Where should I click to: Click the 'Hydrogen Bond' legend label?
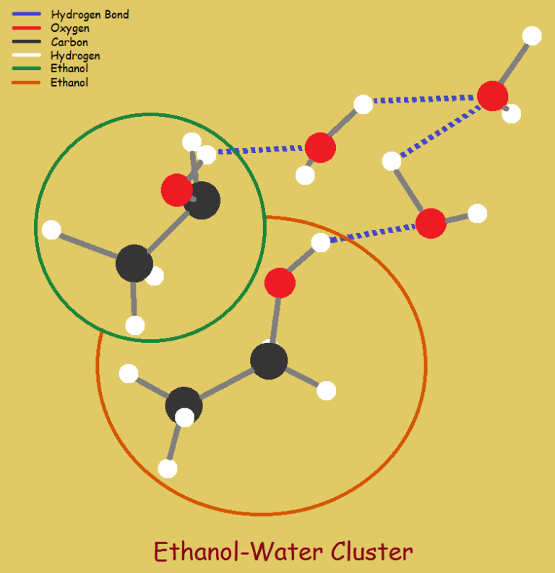coord(90,14)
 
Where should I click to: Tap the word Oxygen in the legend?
coord(70,28)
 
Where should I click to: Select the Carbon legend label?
coord(69,42)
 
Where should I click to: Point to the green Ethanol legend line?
coord(26,69)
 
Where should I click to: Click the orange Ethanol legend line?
coord(26,82)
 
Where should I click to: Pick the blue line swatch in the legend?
coord(26,14)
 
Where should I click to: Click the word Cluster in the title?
coord(371,551)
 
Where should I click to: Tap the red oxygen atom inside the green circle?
coord(177,190)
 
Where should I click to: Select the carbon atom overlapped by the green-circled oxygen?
coord(202,200)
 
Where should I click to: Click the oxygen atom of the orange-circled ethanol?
coord(280,283)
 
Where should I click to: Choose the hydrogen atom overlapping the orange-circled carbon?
coord(185,417)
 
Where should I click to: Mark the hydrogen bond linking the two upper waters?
coord(424,99)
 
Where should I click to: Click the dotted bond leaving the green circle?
coord(260,149)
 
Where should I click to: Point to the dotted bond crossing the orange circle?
coord(372,233)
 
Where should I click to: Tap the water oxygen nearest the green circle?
coord(320,148)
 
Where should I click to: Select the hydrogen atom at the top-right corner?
coord(532,36)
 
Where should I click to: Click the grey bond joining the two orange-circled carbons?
coord(227,383)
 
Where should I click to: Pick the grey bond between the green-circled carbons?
coord(168,232)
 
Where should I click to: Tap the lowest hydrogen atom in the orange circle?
coord(168,468)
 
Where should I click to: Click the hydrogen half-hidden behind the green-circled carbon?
coord(155,276)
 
